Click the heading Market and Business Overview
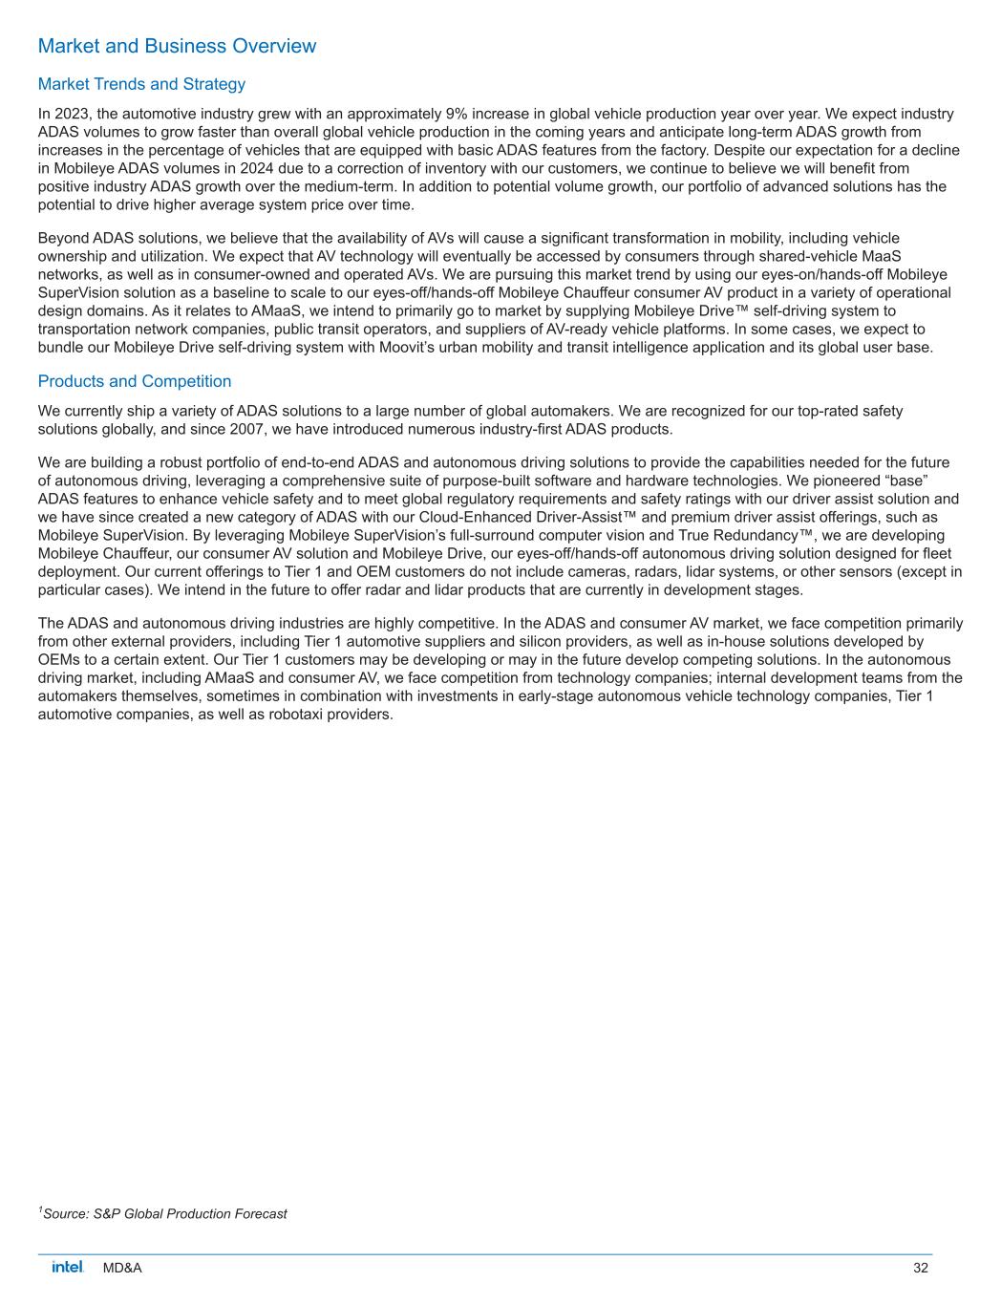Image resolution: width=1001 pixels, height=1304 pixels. point(177,46)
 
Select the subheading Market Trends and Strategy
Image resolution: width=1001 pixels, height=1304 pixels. point(141,84)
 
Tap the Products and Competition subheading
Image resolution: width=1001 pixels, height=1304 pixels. point(134,381)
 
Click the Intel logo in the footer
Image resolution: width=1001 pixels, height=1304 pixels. point(68,1267)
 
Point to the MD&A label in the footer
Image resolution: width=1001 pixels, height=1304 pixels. point(122,1268)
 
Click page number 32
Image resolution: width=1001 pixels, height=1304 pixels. point(921,1268)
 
